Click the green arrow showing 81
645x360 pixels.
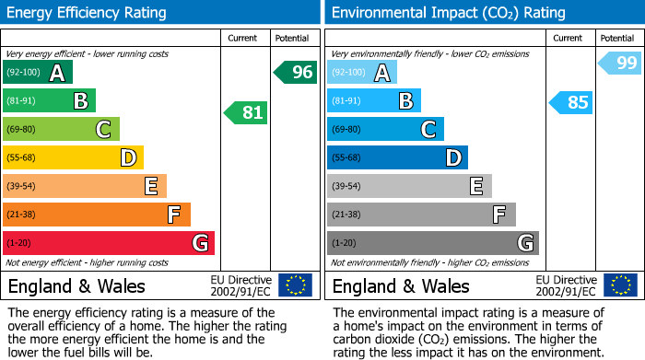click(x=246, y=113)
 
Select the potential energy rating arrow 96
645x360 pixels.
click(x=296, y=72)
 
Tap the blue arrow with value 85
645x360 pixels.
click(x=571, y=102)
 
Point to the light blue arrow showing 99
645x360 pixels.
click(x=620, y=63)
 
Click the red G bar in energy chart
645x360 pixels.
click(x=109, y=243)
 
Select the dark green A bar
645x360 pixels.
click(x=38, y=73)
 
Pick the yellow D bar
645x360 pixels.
click(x=73, y=157)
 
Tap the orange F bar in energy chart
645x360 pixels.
click(x=97, y=215)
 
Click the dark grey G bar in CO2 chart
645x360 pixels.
click(x=432, y=243)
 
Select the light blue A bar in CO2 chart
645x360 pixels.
click(x=362, y=73)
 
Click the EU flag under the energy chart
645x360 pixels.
click(x=295, y=285)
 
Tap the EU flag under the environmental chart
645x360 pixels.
click(x=619, y=285)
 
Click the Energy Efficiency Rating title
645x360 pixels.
click(x=88, y=13)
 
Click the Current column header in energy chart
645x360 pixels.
click(x=242, y=38)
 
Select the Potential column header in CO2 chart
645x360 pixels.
click(x=616, y=38)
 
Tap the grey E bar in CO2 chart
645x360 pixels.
click(x=409, y=186)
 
